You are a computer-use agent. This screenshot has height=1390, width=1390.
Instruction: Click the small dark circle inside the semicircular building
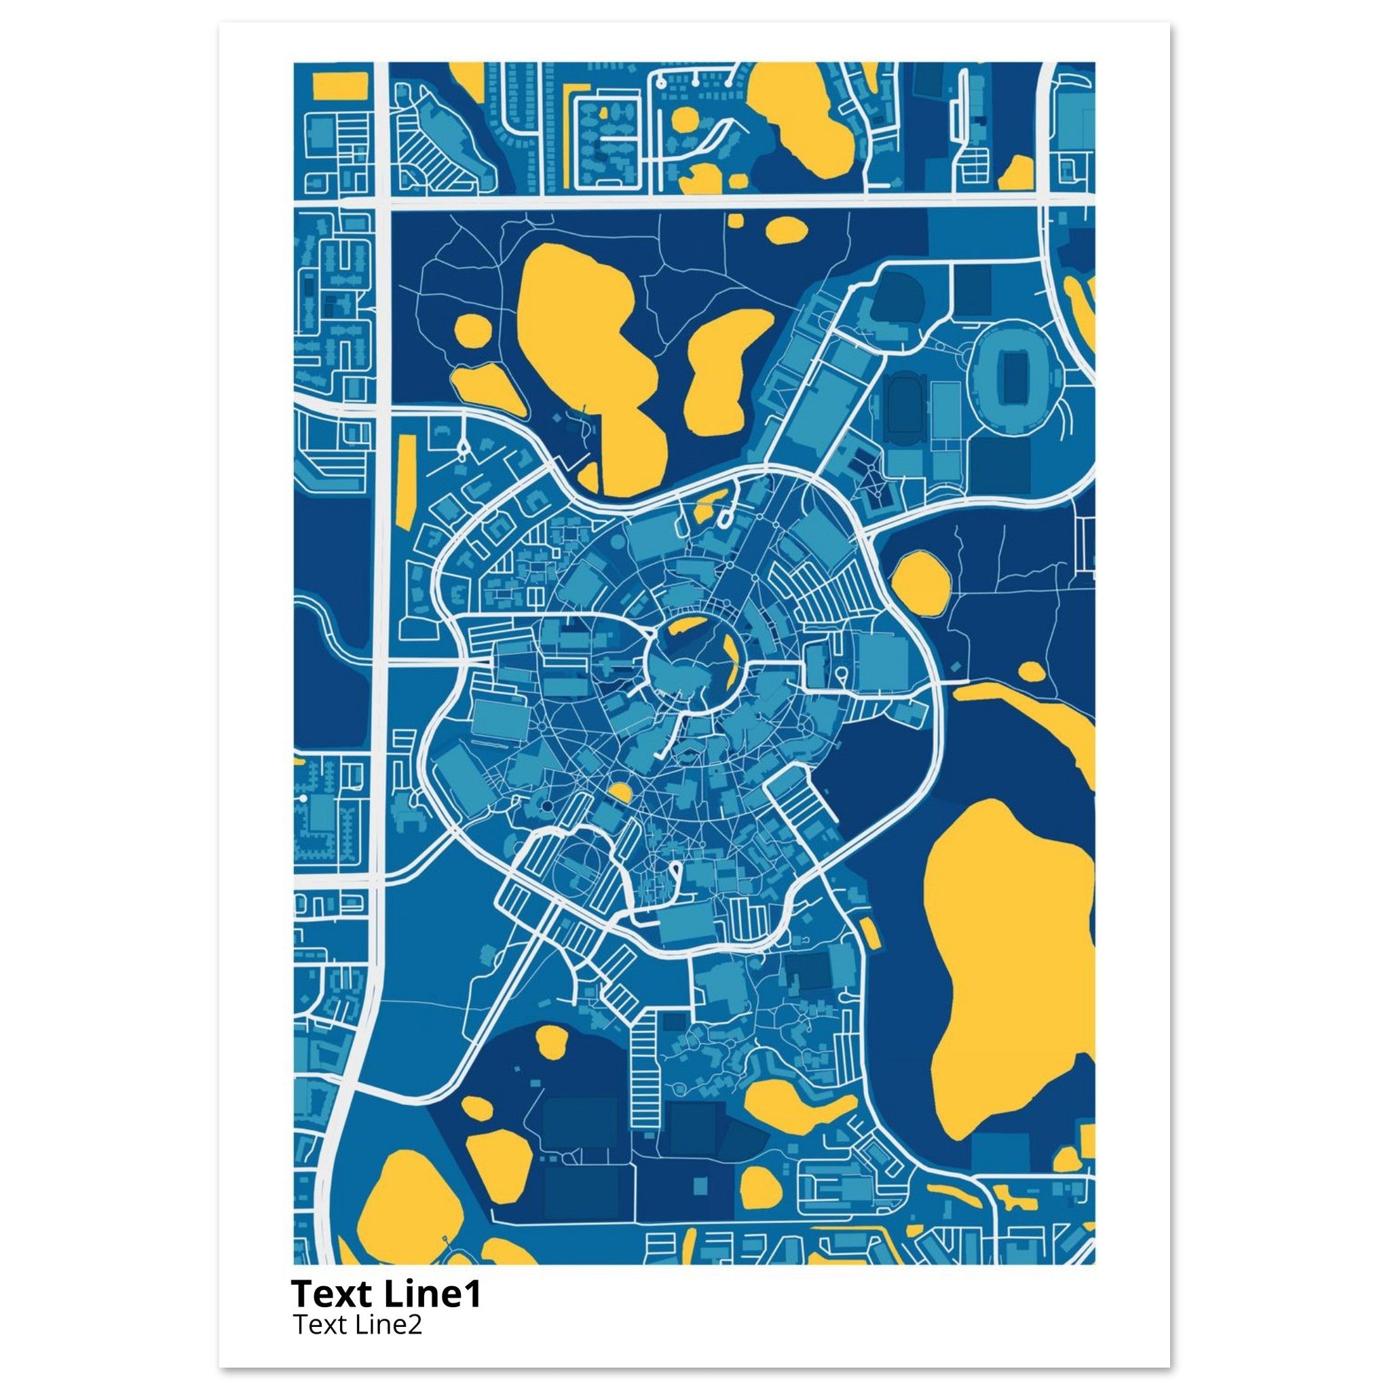547,805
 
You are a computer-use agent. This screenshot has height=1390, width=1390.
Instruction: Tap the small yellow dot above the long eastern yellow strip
1031,671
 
